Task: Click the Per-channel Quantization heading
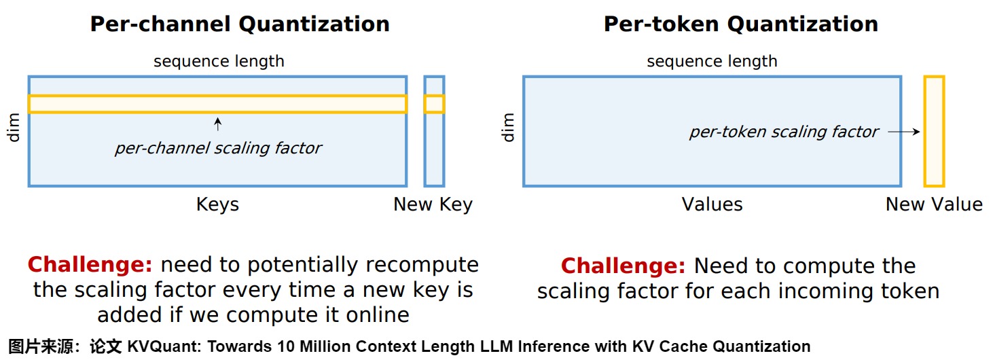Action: (240, 24)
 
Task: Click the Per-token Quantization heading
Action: (740, 24)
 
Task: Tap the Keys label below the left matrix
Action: (217, 204)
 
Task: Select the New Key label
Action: (433, 204)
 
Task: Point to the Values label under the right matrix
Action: (712, 204)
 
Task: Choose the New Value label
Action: (934, 204)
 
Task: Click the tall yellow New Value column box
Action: (934, 131)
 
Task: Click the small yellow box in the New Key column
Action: (434, 104)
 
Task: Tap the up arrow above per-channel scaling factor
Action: (217, 124)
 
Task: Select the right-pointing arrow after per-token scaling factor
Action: (904, 132)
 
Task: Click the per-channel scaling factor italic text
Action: (217, 148)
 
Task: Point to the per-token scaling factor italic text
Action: (784, 132)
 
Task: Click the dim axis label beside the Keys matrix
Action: (14, 128)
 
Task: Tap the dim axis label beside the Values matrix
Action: (508, 128)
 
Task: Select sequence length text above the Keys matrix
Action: (219, 61)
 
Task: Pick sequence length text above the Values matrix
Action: (712, 61)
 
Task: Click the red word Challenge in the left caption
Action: (90, 264)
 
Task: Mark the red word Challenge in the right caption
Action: (623, 266)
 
